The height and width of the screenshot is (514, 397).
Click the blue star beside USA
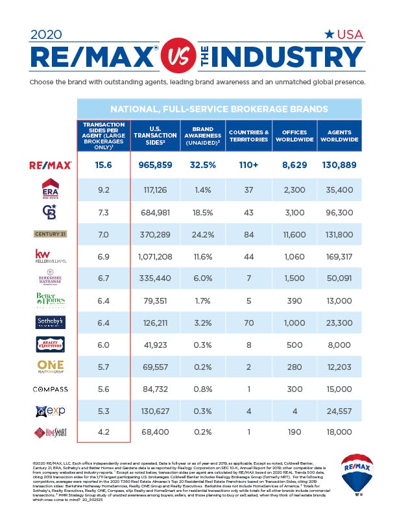(330, 34)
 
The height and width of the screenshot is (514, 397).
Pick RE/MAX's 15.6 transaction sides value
(104, 165)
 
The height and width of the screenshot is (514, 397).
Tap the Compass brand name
(50, 389)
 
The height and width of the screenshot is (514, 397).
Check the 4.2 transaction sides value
(104, 432)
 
